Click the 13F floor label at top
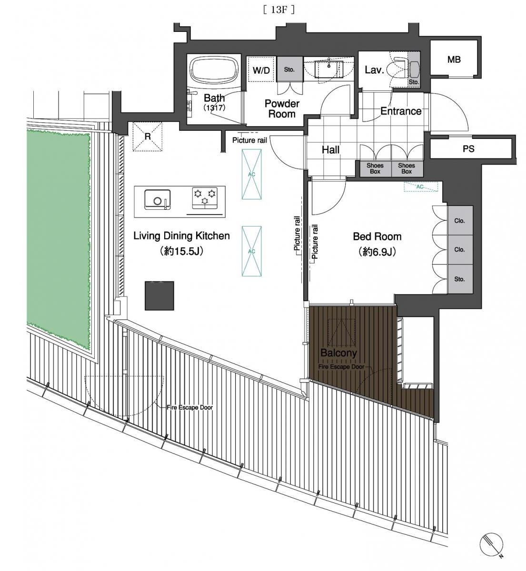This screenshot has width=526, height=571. [x=278, y=10]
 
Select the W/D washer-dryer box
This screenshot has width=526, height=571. [x=261, y=70]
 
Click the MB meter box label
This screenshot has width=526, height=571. [x=454, y=59]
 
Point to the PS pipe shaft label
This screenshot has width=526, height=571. [x=468, y=148]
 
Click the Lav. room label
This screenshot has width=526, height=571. [x=374, y=70]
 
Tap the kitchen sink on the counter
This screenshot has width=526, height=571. [x=158, y=199]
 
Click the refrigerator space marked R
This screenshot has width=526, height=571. [x=147, y=137]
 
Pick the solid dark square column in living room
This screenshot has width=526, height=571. [x=159, y=295]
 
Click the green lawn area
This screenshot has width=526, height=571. [x=59, y=235]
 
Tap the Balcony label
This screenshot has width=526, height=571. [x=338, y=353]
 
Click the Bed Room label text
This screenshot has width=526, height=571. [x=377, y=236]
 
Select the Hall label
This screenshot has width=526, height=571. [x=330, y=150]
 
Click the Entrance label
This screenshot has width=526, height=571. [x=401, y=111]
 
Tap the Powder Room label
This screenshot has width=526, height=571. [x=282, y=109]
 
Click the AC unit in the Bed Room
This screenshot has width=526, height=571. [x=420, y=187]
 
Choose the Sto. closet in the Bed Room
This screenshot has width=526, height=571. [x=460, y=279]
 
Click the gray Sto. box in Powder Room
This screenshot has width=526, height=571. [x=289, y=69]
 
